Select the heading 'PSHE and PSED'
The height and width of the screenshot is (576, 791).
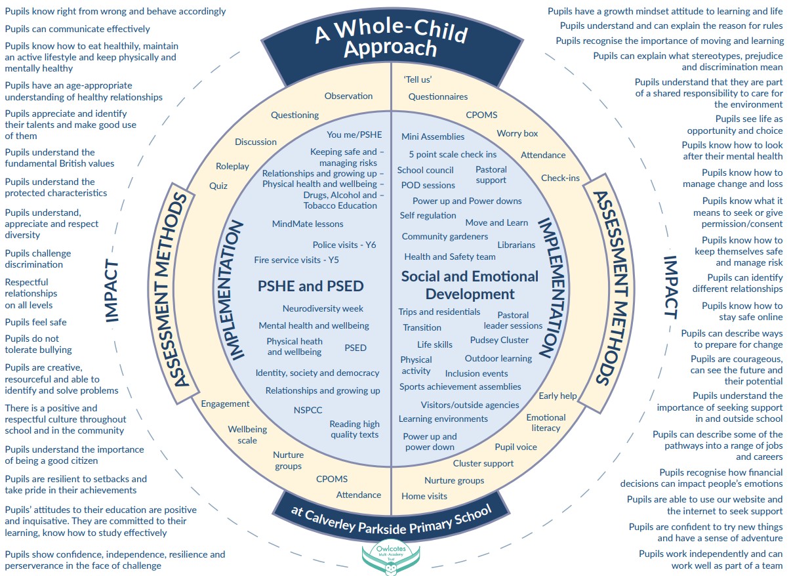[310, 286]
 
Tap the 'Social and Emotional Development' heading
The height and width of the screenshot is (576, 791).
[470, 285]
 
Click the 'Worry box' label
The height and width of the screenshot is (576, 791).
[517, 133]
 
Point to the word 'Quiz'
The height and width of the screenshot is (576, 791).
[218, 186]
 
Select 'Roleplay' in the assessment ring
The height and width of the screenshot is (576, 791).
[232, 166]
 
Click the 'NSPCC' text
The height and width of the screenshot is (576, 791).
[308, 410]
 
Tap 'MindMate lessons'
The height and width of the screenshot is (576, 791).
[308, 224]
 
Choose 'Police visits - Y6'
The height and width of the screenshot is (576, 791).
[344, 245]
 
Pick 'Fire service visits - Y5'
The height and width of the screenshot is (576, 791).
[296, 260]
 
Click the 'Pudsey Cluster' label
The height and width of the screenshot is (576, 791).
[499, 340]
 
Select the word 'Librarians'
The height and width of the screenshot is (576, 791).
[516, 245]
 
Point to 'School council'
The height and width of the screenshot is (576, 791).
[425, 170]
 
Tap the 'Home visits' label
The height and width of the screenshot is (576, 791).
[424, 496]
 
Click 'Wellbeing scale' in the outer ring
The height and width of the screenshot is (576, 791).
[247, 434]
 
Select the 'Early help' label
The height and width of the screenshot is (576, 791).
[558, 396]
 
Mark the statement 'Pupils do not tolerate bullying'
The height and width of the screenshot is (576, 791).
[39, 344]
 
